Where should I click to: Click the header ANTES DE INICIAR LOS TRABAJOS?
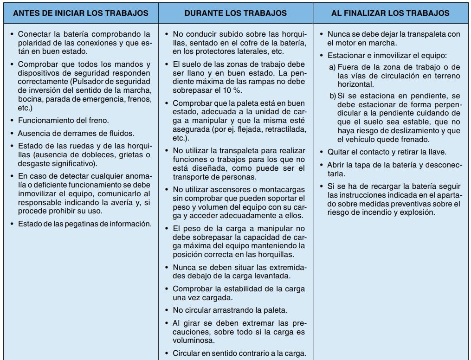[x=81, y=13]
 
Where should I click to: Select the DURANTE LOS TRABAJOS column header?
[x=235, y=13]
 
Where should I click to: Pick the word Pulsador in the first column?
[x=85, y=82]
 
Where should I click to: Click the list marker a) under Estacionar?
[x=332, y=68]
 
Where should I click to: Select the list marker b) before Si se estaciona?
[x=333, y=96]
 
